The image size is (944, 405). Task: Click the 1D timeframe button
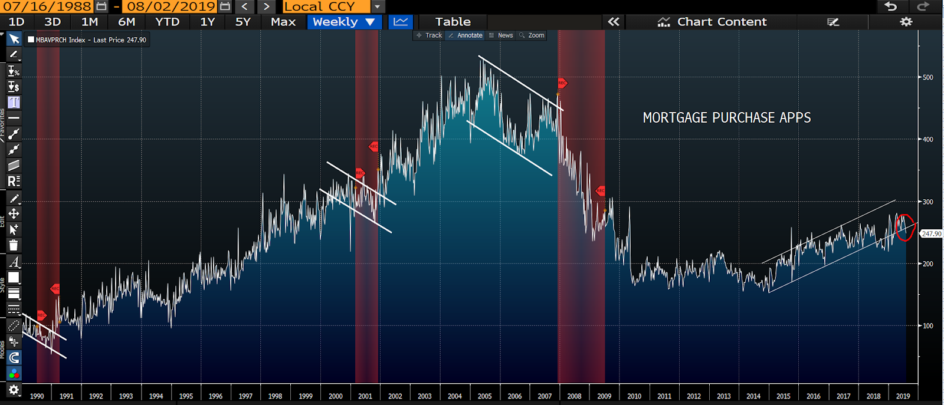pyautogui.click(x=17, y=22)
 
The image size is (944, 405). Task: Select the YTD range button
pyautogui.click(x=167, y=22)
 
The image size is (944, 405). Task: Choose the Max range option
pyautogui.click(x=283, y=22)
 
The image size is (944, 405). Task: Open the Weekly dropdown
pyautogui.click(x=344, y=22)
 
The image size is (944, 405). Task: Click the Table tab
pyautogui.click(x=453, y=22)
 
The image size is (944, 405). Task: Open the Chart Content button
pyautogui.click(x=713, y=22)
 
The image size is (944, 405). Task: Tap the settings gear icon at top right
pyautogui.click(x=906, y=22)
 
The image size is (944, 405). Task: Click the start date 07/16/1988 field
pyautogui.click(x=47, y=6)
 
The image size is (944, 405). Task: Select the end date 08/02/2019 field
pyautogui.click(x=171, y=6)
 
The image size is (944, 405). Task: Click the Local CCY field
pyautogui.click(x=326, y=6)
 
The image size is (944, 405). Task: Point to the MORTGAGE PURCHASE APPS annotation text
pyautogui.click(x=726, y=118)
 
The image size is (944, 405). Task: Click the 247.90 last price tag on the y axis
pyautogui.click(x=931, y=234)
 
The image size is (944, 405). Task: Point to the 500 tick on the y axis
pyautogui.click(x=928, y=77)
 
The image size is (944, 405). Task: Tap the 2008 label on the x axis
pyautogui.click(x=574, y=396)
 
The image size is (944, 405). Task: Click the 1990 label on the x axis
pyautogui.click(x=37, y=396)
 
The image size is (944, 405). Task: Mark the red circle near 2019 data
pyautogui.click(x=904, y=228)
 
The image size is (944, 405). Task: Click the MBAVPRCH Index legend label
pyautogui.click(x=61, y=40)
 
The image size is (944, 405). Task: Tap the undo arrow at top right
pyautogui.click(x=890, y=6)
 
